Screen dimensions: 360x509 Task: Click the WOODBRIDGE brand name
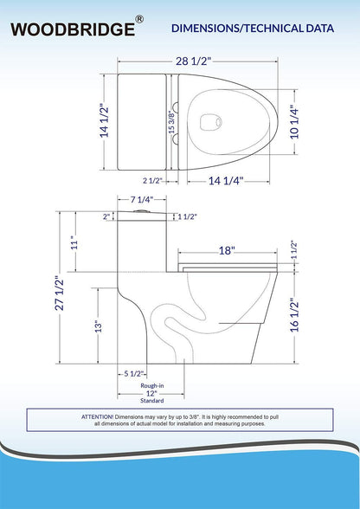tap(73, 29)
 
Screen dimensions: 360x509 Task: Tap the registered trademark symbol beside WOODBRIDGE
tap(139, 19)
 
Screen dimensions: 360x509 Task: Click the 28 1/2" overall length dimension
tap(194, 61)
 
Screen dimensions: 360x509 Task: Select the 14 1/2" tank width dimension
tap(105, 121)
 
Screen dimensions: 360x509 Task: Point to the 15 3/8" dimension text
tap(171, 122)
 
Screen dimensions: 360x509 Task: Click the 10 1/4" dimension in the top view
tap(294, 122)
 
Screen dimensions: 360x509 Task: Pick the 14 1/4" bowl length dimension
tap(226, 181)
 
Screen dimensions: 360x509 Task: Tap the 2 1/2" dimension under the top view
tap(152, 181)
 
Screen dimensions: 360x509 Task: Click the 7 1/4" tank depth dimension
tap(142, 200)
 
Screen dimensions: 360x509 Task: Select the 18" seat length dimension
tap(227, 251)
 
